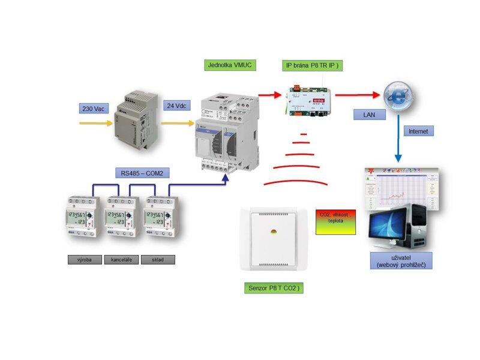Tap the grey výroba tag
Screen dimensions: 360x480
84,260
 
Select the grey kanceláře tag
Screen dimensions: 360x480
121,260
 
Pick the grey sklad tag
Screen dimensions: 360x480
158,260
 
